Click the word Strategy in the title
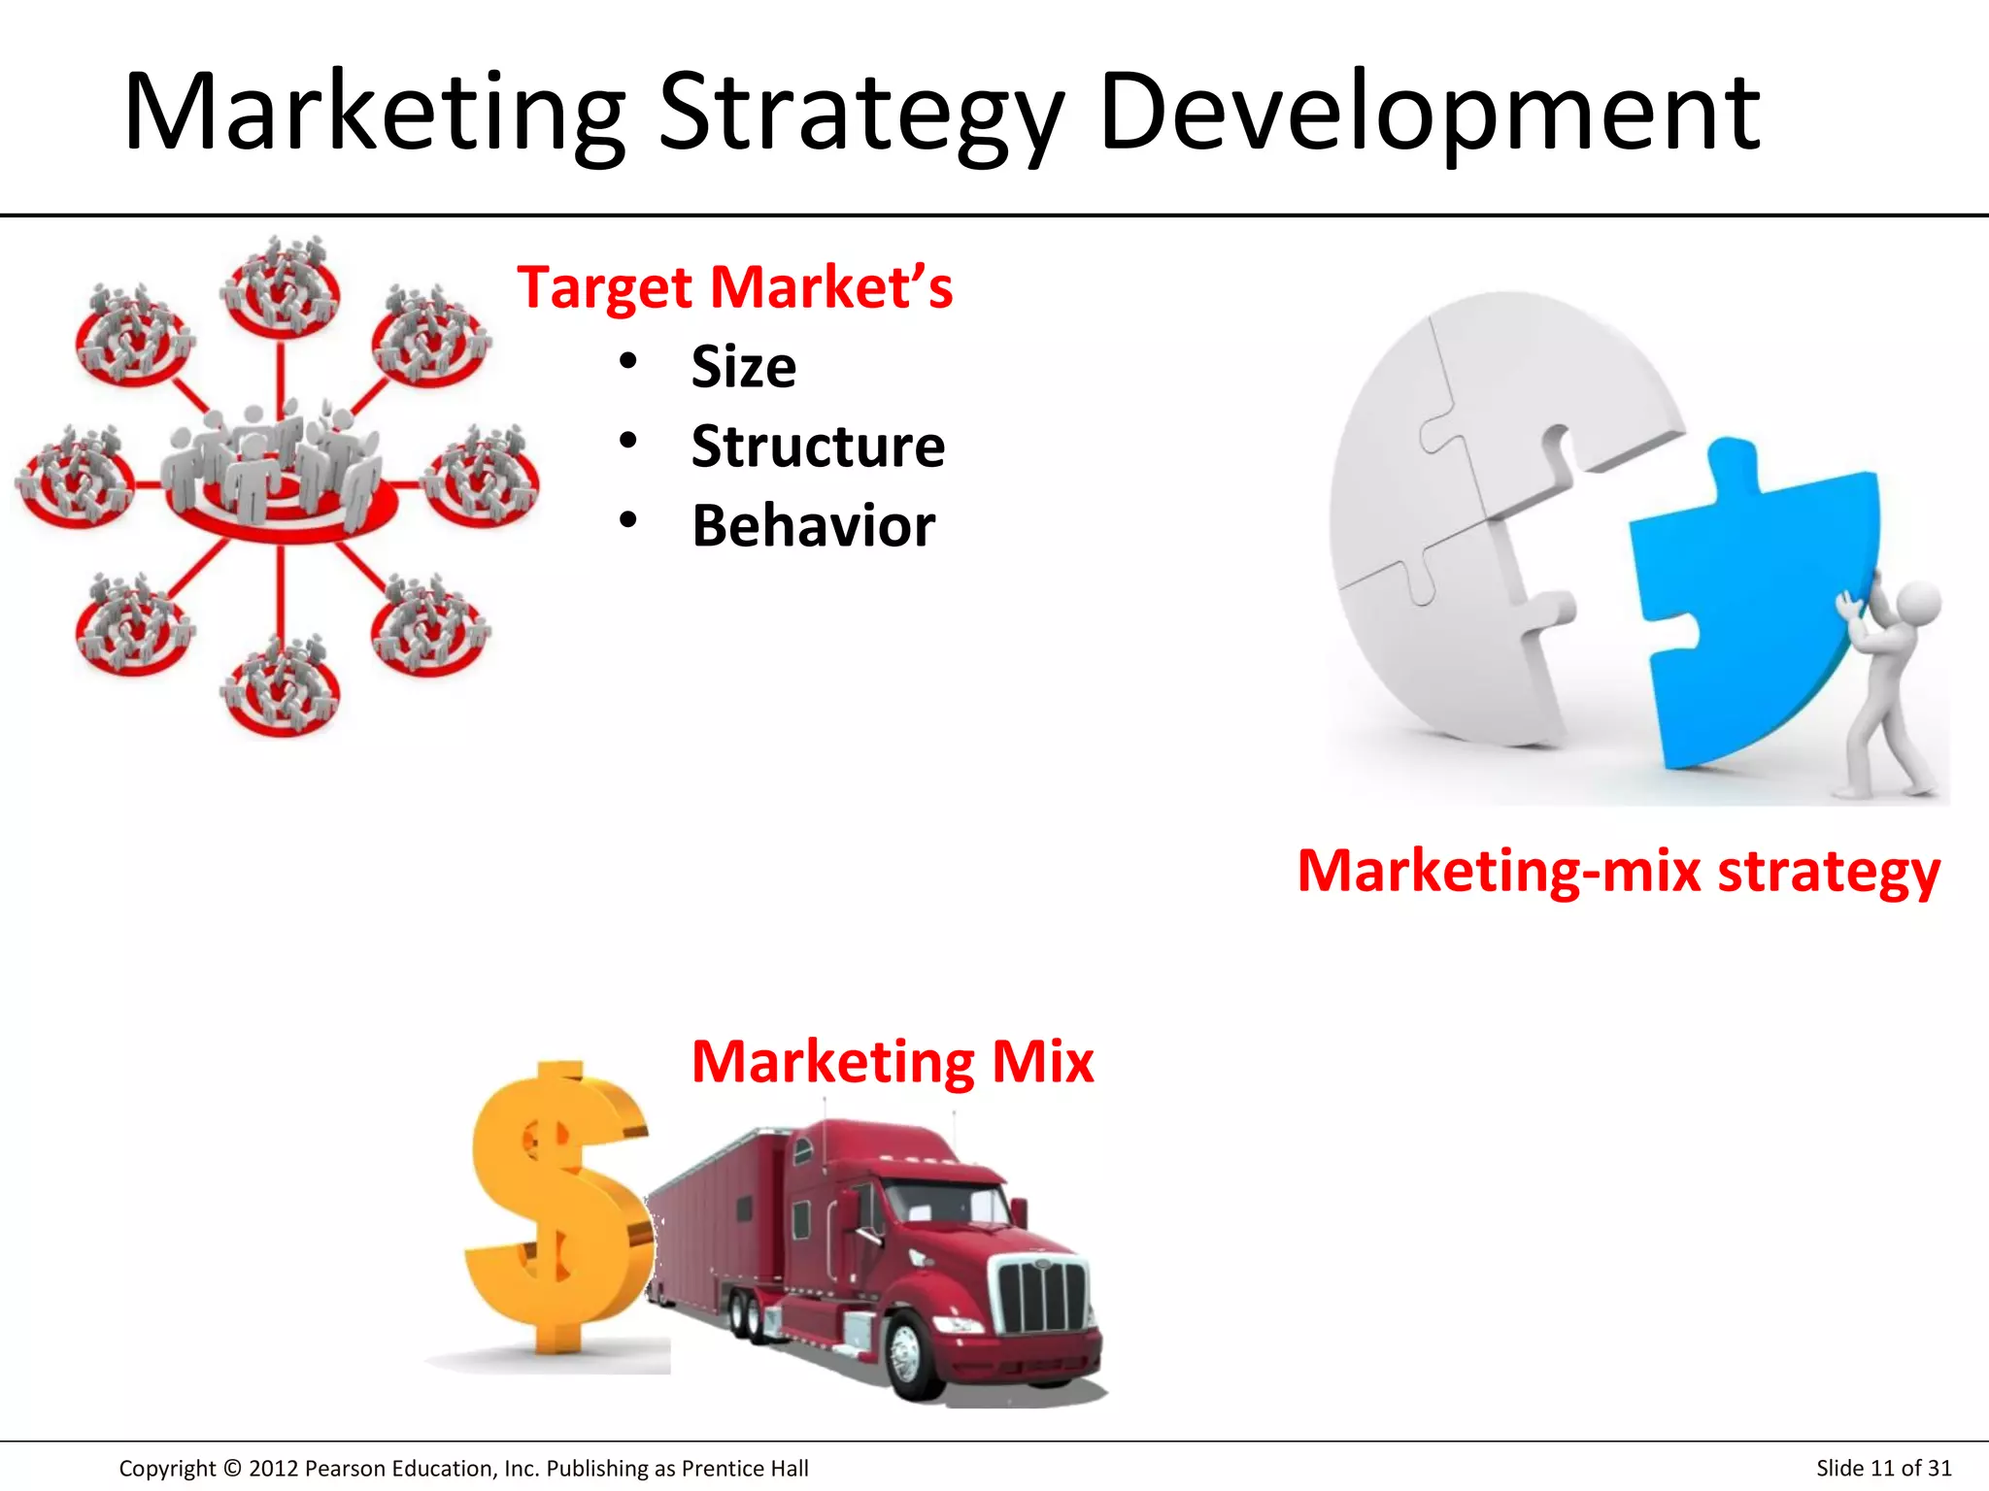(860, 115)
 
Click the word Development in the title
(1429, 115)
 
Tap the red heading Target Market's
(734, 288)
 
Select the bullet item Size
(743, 367)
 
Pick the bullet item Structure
(818, 447)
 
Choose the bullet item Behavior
(813, 526)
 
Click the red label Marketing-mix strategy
(1618, 871)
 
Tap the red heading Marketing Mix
(892, 1061)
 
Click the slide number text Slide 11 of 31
(1883, 1468)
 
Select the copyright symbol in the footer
(232, 1469)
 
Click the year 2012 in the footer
(273, 1469)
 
